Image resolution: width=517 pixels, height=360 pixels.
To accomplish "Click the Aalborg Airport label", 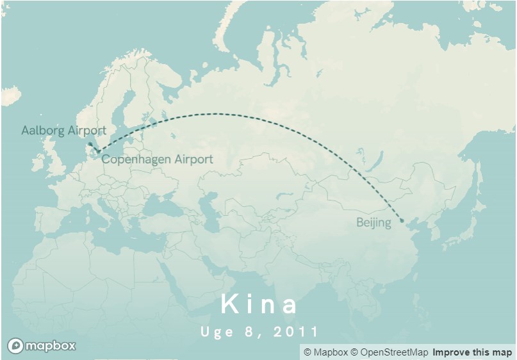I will tap(63, 131).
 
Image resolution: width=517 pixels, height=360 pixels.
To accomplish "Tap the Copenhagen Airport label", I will tap(157, 160).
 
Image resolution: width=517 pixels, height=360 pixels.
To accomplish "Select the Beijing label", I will tap(373, 223).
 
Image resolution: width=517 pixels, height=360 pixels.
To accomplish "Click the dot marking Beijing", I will tap(402, 221).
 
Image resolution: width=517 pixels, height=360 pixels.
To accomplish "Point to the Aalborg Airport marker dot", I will tap(90, 143).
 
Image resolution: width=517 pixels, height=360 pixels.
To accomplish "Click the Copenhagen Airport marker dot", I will tap(97, 152).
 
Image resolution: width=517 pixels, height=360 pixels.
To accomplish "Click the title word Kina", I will tap(259, 305).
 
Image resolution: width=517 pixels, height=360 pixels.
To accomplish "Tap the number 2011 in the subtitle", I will tap(295, 332).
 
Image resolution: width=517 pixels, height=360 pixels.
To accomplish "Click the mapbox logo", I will tap(42, 346).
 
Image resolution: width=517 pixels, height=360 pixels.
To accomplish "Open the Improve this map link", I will tap(472, 352).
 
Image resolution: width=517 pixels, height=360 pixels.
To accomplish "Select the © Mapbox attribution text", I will tap(325, 352).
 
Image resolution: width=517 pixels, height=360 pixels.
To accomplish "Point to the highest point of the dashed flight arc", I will tap(215, 114).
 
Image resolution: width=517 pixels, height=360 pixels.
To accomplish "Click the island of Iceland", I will tap(10, 95).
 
